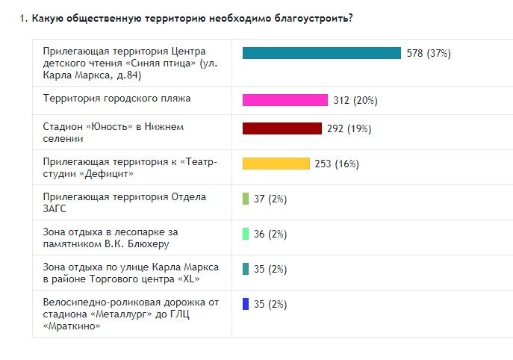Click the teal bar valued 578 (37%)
(x=322, y=53)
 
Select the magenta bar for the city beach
(x=285, y=100)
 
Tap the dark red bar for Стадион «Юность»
(x=282, y=128)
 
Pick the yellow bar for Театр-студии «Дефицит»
(x=276, y=164)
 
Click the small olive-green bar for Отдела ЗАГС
(x=246, y=199)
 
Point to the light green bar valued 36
(x=246, y=234)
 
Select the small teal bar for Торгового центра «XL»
(x=246, y=269)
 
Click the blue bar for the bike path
(x=246, y=304)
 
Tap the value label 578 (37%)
(x=429, y=54)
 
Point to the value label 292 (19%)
(x=349, y=128)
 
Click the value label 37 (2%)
(x=270, y=199)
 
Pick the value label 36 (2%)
(x=270, y=234)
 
